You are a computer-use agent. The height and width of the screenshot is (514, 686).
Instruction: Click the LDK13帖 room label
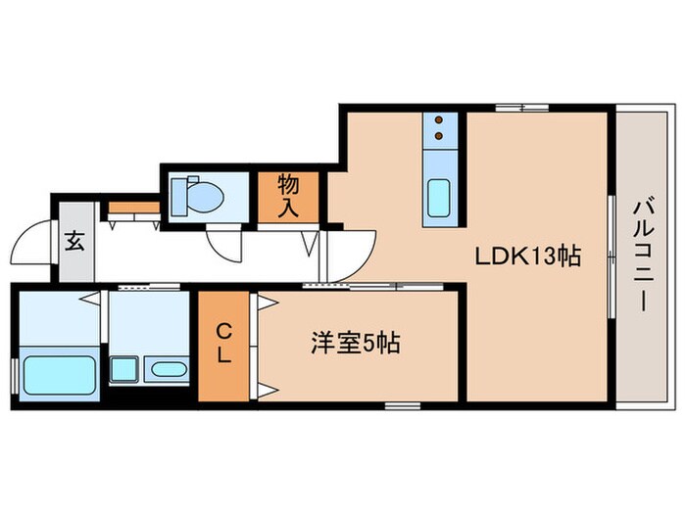click(528, 257)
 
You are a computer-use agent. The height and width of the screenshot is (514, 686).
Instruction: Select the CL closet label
click(224, 345)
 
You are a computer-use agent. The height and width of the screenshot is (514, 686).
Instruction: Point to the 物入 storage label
click(288, 196)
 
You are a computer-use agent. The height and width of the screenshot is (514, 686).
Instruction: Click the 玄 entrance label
click(74, 241)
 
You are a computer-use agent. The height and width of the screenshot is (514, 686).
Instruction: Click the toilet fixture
click(198, 197)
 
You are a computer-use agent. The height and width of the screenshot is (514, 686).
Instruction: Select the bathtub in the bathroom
click(56, 376)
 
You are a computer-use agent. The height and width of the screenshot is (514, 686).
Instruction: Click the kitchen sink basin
click(439, 200)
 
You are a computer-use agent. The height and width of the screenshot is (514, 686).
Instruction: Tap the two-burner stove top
click(440, 127)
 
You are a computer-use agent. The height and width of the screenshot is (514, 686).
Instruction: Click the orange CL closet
click(224, 347)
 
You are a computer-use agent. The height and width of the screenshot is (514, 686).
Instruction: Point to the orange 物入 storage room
click(288, 197)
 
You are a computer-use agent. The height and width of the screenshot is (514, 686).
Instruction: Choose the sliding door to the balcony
click(611, 257)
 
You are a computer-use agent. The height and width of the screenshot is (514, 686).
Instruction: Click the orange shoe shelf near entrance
click(133, 208)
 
